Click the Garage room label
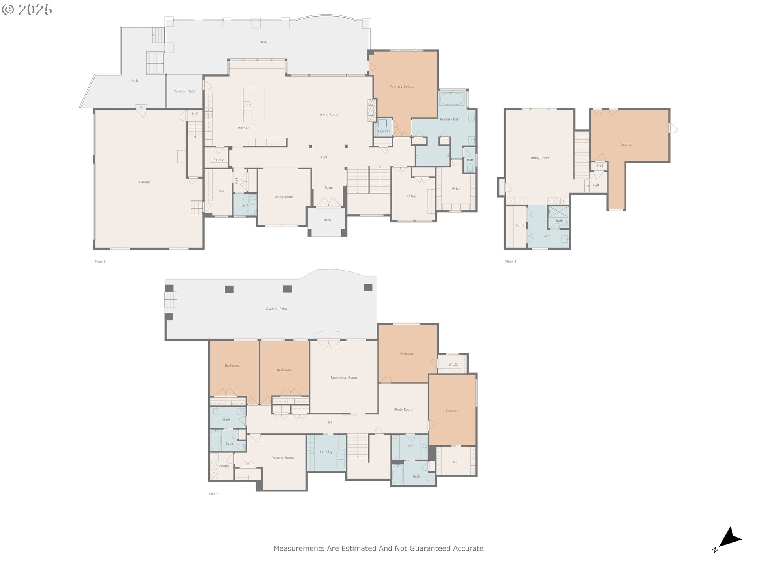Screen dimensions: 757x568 pos(144,182)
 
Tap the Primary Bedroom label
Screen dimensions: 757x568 pos(404,86)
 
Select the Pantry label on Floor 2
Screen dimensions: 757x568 pos(218,160)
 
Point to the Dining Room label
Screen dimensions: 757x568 pos(283,197)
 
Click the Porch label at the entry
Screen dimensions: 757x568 pos(326,220)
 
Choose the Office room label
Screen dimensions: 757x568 pos(412,196)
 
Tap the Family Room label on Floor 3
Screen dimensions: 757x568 pos(539,158)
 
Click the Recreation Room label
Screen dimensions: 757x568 pos(344,377)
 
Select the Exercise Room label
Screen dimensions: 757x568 pos(282,458)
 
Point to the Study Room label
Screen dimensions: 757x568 pos(403,409)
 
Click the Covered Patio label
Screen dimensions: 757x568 pos(276,309)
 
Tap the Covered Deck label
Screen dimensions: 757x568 pos(184,92)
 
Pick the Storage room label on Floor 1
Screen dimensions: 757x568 pos(224,466)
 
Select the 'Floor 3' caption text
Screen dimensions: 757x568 pos(511,262)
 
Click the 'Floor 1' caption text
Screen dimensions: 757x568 pos(214,494)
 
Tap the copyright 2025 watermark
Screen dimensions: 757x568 pos(27,10)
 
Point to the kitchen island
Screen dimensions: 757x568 pos(254,103)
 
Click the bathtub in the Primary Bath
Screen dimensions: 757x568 pos(452,99)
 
